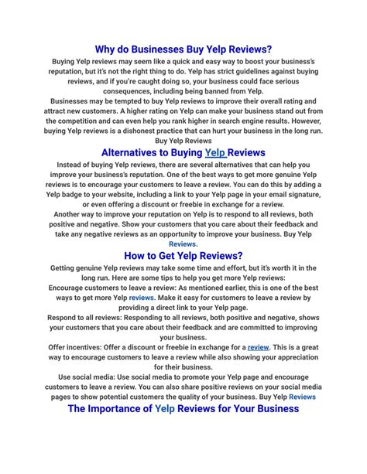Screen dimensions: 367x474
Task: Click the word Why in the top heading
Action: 107,48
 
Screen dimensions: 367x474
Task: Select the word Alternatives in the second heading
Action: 138,152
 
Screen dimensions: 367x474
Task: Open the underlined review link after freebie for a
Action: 258,347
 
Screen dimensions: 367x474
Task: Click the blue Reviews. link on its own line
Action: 183,244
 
